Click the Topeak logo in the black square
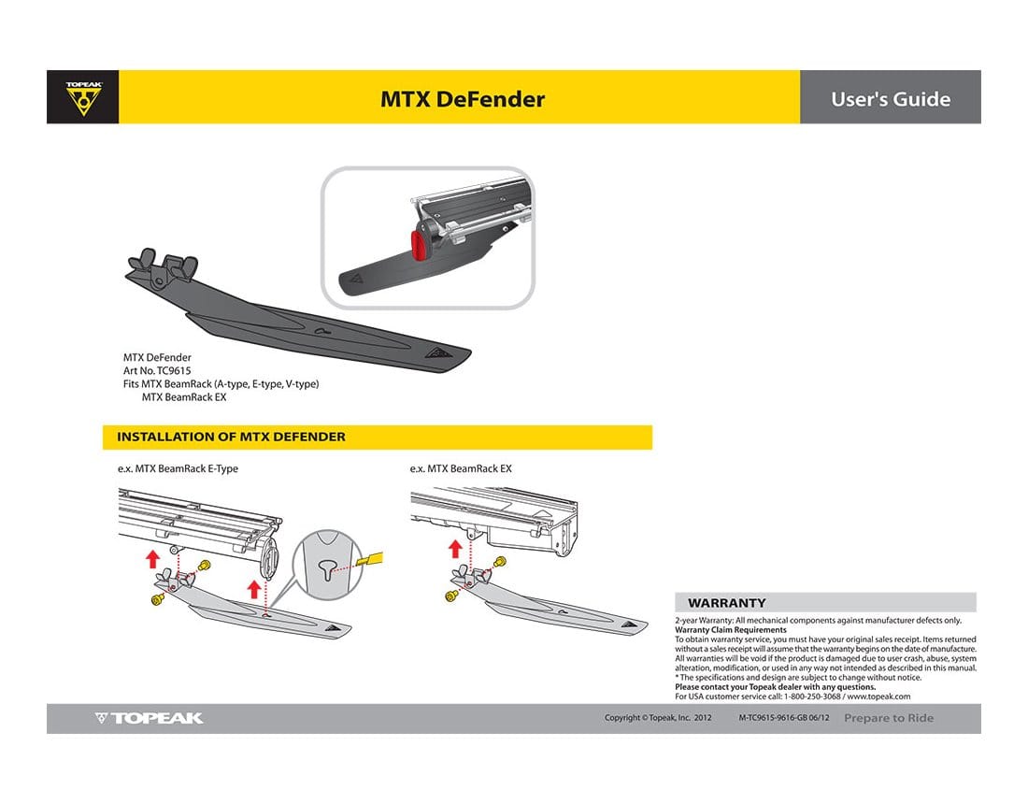[x=83, y=97]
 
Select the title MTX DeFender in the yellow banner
[x=462, y=99]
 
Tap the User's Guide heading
[x=890, y=99]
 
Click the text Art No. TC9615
[x=157, y=371]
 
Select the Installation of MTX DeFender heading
[x=231, y=437]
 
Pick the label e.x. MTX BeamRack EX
[x=461, y=468]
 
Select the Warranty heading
[x=726, y=603]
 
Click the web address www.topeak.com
[x=878, y=696]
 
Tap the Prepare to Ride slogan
[x=888, y=718]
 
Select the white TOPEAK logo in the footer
[x=150, y=718]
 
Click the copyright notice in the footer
[x=658, y=718]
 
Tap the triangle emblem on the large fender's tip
[x=436, y=352]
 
